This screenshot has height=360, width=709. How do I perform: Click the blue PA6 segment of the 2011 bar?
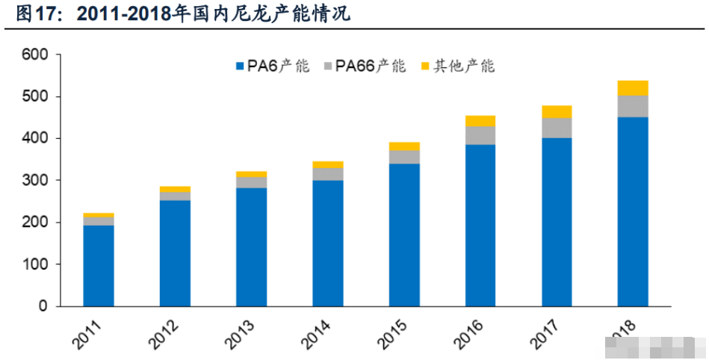(x=98, y=265)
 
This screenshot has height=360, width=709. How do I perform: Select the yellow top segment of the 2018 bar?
(x=633, y=87)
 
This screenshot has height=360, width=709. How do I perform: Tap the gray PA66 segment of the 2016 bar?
(x=480, y=135)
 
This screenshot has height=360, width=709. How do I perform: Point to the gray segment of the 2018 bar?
(x=633, y=106)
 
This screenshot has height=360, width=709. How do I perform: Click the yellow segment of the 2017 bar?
(x=557, y=112)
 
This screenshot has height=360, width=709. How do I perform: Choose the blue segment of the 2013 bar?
(x=251, y=246)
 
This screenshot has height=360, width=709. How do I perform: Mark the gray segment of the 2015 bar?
(x=403, y=157)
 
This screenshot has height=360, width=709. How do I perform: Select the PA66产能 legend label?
(x=370, y=66)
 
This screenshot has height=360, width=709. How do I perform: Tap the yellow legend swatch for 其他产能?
(x=426, y=66)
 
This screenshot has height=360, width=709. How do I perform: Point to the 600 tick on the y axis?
(x=34, y=55)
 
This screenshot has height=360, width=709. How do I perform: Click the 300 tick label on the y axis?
(x=34, y=181)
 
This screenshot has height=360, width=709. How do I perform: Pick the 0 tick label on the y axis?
(x=42, y=306)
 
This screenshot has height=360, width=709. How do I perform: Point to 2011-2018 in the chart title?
(x=121, y=13)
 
